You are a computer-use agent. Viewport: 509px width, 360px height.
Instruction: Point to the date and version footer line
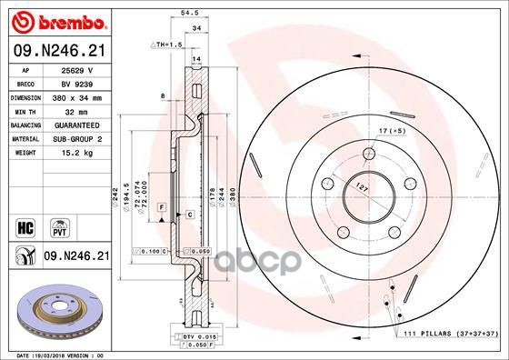click(x=63, y=355)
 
